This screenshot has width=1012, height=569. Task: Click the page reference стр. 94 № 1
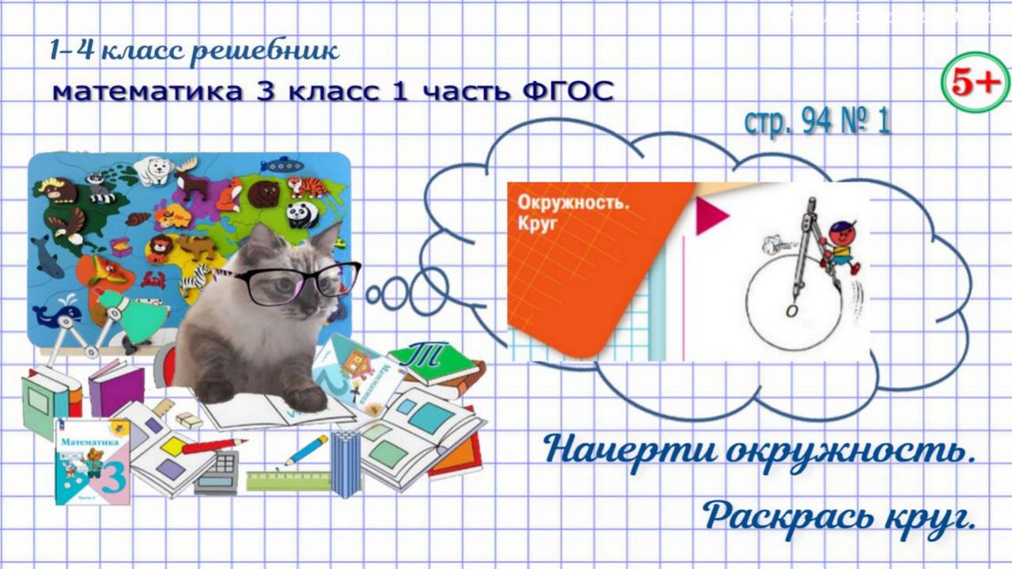click(x=817, y=122)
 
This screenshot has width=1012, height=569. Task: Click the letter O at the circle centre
click(x=790, y=311)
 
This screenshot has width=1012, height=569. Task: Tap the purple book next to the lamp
click(x=115, y=388)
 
